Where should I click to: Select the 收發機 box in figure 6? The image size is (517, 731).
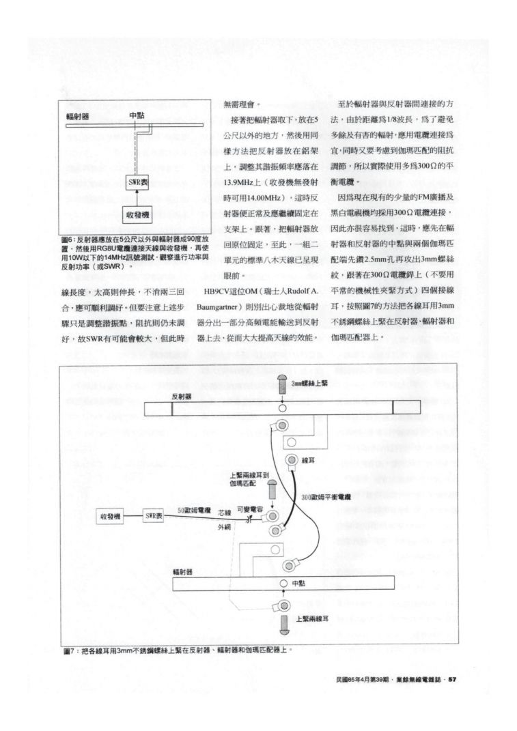[x=138, y=215]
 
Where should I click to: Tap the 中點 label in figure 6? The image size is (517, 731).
[x=136, y=115]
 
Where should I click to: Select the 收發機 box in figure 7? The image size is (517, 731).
[x=109, y=517]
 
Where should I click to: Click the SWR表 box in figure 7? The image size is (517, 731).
[x=154, y=517]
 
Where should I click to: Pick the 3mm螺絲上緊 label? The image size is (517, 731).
[x=311, y=384]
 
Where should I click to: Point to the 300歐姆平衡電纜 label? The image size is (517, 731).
[x=325, y=496]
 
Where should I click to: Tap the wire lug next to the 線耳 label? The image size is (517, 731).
[x=292, y=461]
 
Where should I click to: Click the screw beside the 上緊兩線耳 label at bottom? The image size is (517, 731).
[x=283, y=622]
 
